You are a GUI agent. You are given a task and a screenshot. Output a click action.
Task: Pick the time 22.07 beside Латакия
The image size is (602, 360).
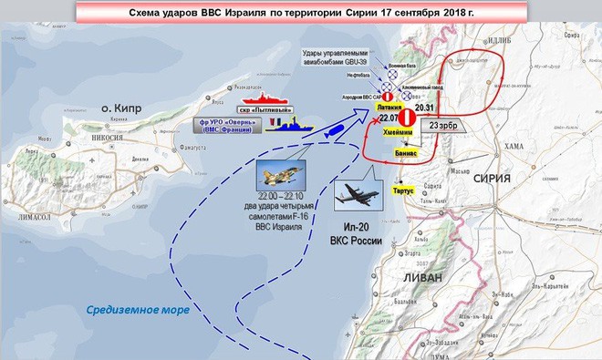[390, 118]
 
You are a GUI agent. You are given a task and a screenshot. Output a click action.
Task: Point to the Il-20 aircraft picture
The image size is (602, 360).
[362, 195]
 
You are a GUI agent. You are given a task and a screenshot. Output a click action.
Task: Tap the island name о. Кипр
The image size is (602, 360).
[119, 108]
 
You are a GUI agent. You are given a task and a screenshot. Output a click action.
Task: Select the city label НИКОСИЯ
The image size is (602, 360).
[107, 140]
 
